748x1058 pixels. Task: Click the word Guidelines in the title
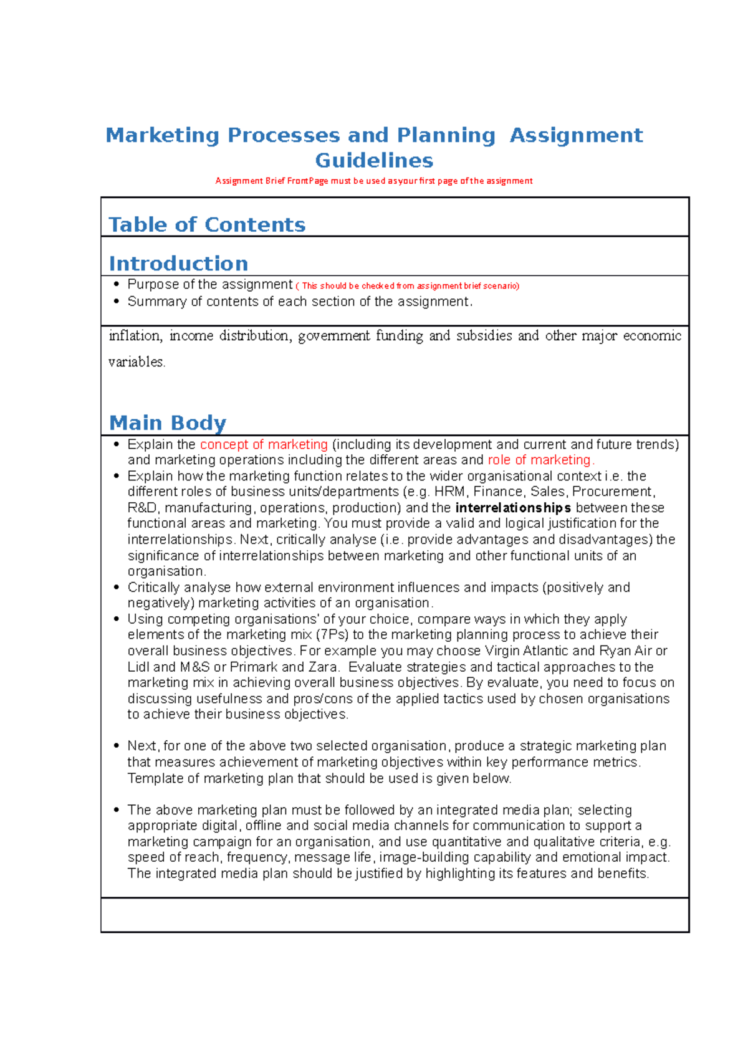click(374, 160)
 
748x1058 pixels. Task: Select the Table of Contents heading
click(207, 224)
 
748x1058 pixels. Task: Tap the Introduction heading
click(178, 263)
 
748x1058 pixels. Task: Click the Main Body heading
click(167, 422)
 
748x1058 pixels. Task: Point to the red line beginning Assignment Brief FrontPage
click(374, 181)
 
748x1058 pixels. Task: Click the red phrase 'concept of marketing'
click(264, 444)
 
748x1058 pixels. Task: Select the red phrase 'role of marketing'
click(539, 460)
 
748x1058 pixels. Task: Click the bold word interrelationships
click(513, 508)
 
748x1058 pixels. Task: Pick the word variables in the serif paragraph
click(137, 362)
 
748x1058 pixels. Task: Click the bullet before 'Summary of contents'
click(116, 302)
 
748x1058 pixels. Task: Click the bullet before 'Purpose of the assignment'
click(116, 285)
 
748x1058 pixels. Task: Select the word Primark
click(253, 667)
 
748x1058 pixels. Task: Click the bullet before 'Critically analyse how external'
click(116, 588)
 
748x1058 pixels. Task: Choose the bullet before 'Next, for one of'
click(116, 746)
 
